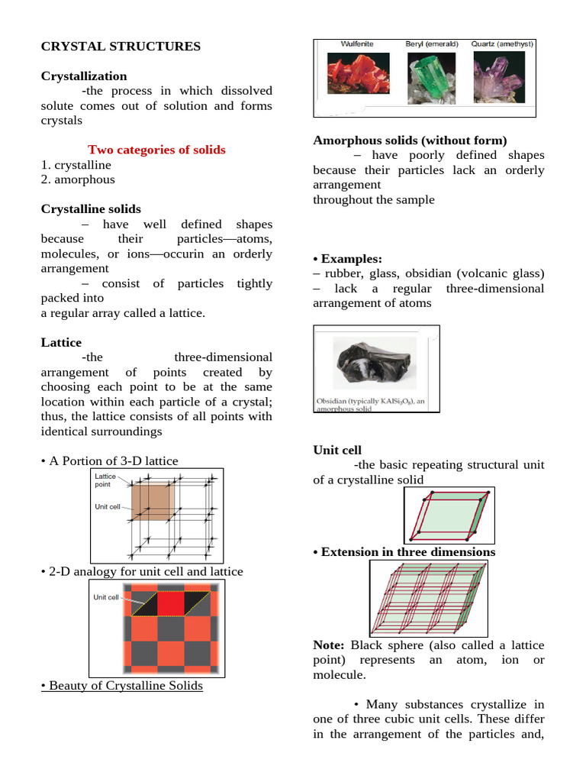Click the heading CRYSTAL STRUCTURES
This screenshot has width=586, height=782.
pos(121,47)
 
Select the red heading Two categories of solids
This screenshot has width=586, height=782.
pos(156,150)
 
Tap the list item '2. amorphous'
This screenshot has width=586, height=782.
pos(78,179)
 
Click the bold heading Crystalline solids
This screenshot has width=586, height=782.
pos(91,208)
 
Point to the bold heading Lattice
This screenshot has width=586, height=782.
pos(61,343)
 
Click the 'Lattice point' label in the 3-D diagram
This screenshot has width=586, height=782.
pos(106,480)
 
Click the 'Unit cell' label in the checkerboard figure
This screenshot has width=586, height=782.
pos(106,597)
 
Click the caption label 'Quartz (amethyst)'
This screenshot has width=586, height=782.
pos(501,44)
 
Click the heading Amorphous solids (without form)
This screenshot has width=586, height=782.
pos(410,141)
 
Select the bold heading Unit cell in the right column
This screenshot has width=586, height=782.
pos(337,451)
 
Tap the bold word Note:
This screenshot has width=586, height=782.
pos(330,645)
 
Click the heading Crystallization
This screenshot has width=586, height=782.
pos(84,76)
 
